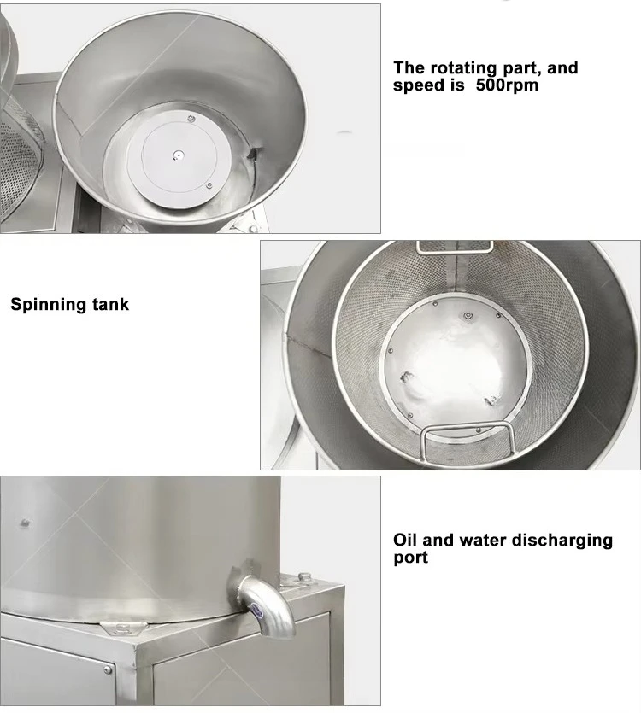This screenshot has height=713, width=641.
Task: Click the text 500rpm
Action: (508, 85)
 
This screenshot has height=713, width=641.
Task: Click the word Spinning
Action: (47, 304)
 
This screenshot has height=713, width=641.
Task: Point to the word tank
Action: (109, 304)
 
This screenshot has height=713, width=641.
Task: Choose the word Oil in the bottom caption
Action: (407, 540)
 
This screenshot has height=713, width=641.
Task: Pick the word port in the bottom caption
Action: (411, 558)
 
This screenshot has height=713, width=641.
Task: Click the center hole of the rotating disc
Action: (178, 155)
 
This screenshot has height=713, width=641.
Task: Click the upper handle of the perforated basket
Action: (455, 247)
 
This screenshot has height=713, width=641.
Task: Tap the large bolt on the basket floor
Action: (468, 316)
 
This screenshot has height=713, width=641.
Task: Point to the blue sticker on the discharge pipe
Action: (257, 609)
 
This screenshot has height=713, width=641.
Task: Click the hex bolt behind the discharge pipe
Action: (303, 578)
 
